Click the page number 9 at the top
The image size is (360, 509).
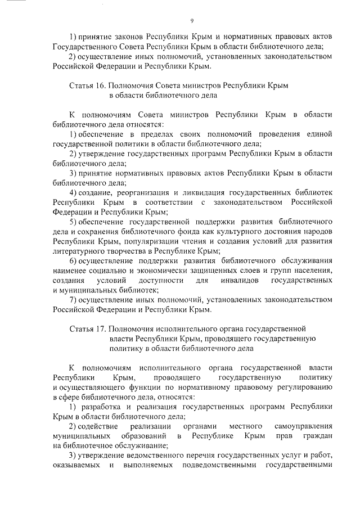tap(192, 21)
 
